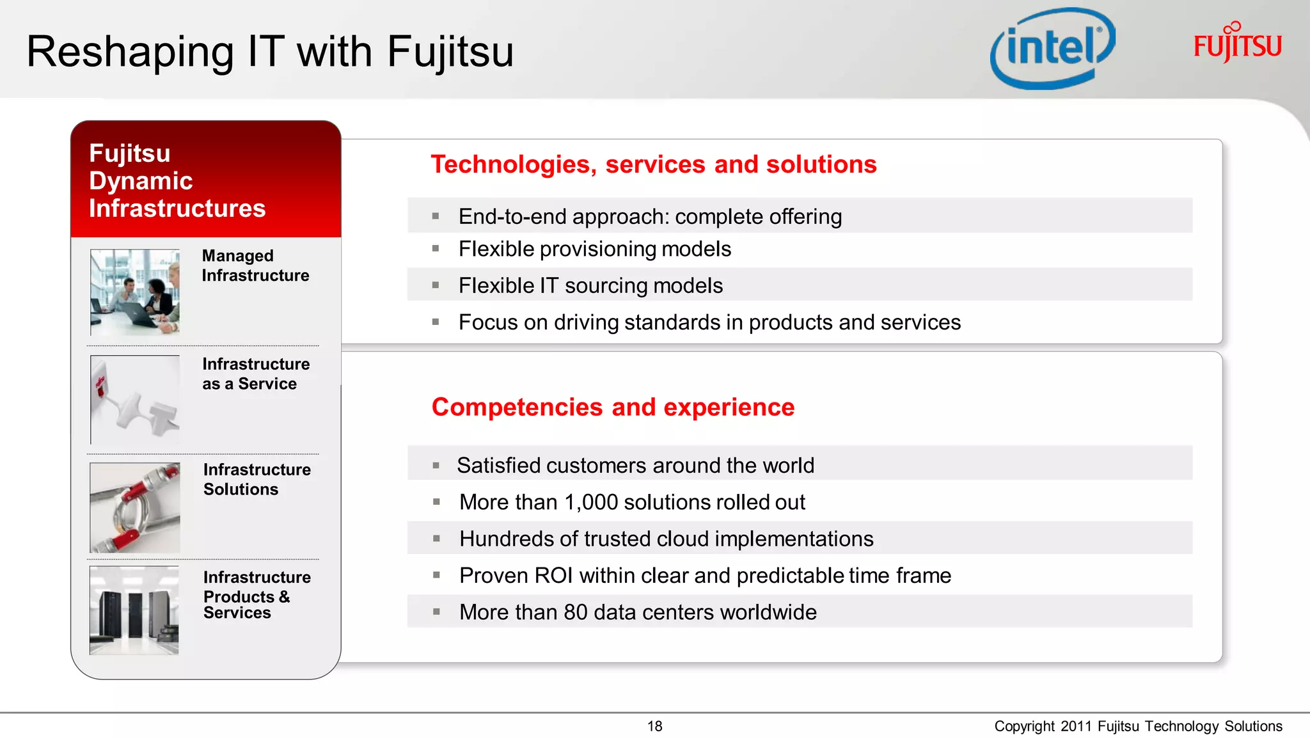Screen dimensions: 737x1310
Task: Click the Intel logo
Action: pos(1052,49)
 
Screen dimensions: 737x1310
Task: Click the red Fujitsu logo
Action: pos(1237,44)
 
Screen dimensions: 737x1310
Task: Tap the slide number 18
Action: pos(654,726)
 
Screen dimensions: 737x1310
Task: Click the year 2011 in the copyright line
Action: pos(1076,726)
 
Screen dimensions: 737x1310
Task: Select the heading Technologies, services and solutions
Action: pos(653,164)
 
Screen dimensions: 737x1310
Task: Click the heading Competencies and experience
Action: pos(613,407)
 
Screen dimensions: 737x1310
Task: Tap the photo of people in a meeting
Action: pos(135,292)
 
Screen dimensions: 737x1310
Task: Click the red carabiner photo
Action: pos(135,507)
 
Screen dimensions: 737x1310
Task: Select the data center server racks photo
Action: pos(134,610)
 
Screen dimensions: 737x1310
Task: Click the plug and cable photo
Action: pos(135,399)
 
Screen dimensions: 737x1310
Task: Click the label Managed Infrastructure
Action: pos(255,265)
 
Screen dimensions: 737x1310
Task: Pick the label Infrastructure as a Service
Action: pos(255,374)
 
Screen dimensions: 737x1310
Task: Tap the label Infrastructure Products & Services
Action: pos(256,595)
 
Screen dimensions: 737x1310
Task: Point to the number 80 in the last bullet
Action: pos(576,612)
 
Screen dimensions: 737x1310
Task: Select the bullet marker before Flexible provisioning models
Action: pos(436,249)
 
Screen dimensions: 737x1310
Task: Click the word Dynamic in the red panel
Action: pos(141,181)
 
